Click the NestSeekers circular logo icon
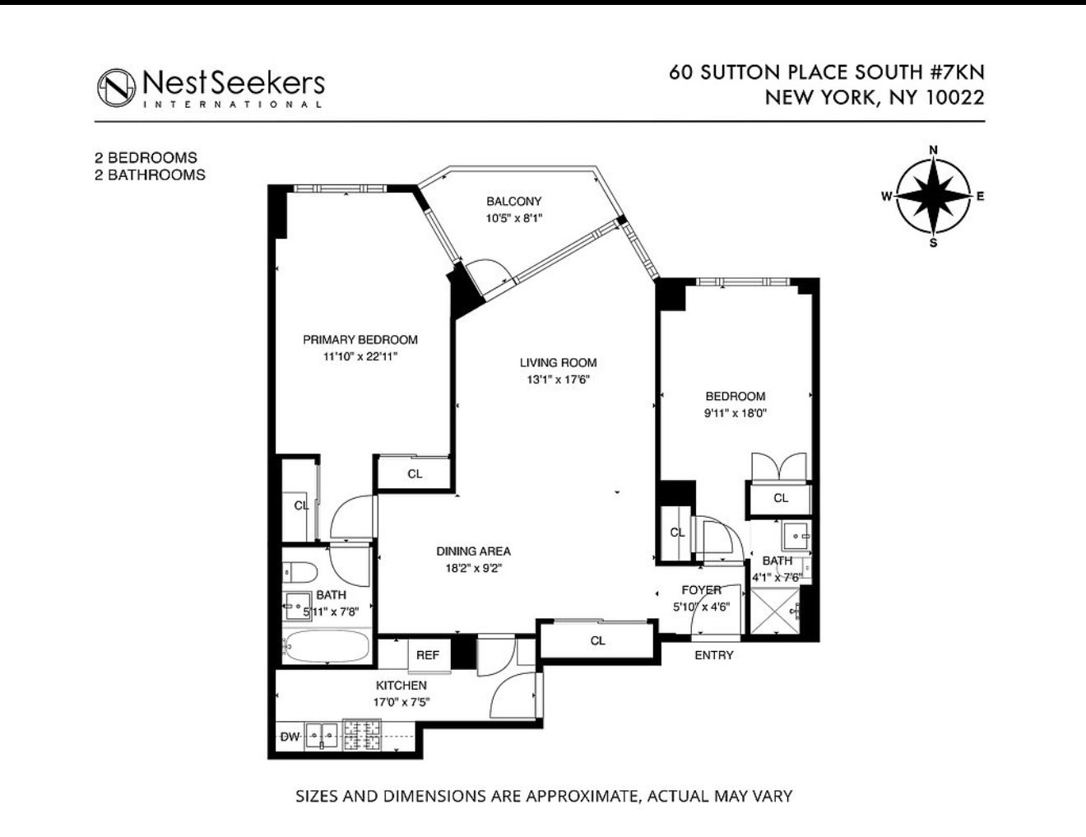[116, 87]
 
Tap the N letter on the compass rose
[933, 150]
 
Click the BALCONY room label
[513, 202]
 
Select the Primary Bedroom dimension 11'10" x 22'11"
[360, 357]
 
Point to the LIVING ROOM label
[558, 363]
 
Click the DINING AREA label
[473, 551]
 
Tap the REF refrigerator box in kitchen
[427, 655]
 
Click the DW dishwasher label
[290, 737]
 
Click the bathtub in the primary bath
[327, 647]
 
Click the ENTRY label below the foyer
[713, 655]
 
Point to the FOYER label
[701, 590]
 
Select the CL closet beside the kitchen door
[597, 640]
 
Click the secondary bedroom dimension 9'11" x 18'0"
[735, 414]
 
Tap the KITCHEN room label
[401, 686]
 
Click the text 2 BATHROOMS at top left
[150, 174]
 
